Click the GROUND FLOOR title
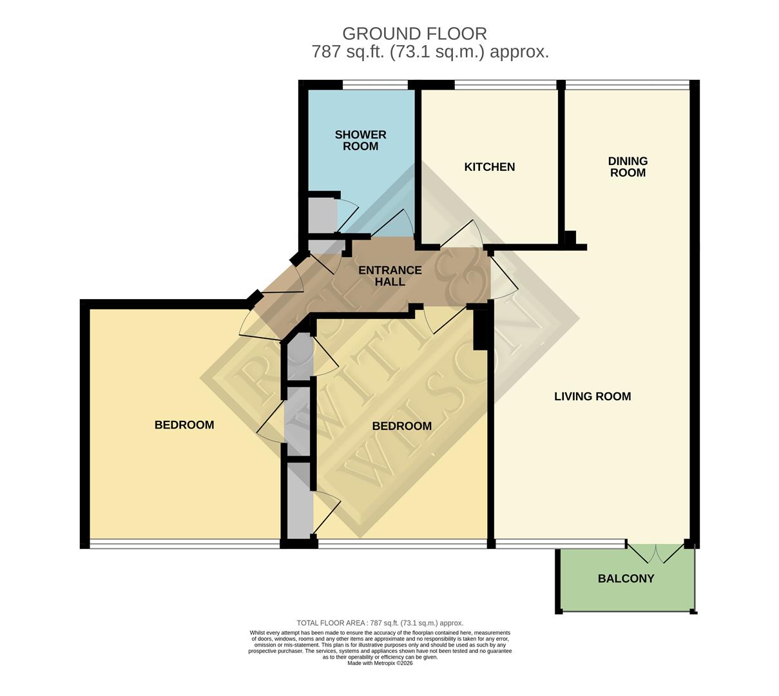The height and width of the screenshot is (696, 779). pos(414,33)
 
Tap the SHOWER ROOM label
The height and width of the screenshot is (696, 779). pos(360,140)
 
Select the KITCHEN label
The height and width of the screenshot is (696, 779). pos(489,167)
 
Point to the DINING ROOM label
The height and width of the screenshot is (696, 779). pos(628,167)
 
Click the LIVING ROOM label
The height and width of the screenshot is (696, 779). pos(592,396)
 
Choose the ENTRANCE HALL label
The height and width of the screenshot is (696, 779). pos(390,276)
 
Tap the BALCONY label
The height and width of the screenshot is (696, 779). pos(626,579)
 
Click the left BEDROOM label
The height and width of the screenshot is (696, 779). pos(184,425)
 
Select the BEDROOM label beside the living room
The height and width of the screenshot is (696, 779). pos(401,426)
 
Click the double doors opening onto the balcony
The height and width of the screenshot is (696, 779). pos(655,553)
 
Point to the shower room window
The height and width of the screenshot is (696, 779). pos(375,84)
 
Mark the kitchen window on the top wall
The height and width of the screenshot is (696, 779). pos(505,84)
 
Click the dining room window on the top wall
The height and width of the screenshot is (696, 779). pos(628,84)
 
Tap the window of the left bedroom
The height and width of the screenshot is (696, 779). pos(184,544)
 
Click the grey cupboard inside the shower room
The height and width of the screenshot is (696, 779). pos(320,215)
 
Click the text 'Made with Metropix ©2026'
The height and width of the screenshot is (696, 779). pos(380,663)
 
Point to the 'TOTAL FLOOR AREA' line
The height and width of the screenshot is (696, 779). pos(380,623)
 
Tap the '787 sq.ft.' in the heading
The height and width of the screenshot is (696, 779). pos(348,52)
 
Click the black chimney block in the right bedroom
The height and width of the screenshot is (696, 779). pos(481,330)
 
